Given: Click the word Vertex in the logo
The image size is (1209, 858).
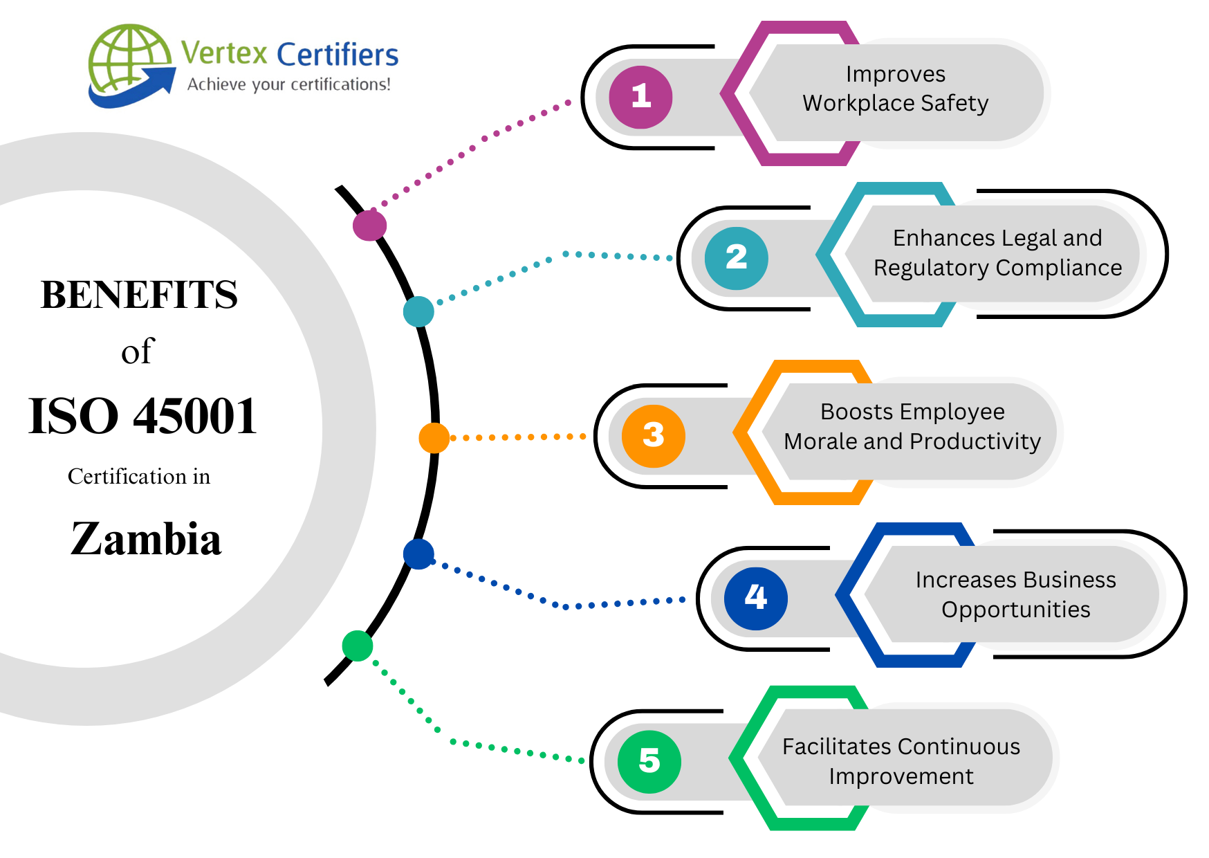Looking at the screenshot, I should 224,53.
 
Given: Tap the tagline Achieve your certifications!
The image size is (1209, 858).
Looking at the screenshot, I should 289,84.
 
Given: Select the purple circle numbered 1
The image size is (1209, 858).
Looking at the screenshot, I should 640,97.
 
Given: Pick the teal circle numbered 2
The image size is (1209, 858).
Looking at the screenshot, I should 736,258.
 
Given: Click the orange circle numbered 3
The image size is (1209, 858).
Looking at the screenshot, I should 653,436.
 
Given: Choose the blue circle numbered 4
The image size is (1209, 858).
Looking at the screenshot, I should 755,598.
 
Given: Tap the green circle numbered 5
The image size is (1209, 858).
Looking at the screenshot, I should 649,761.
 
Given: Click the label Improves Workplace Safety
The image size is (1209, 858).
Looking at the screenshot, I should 895,89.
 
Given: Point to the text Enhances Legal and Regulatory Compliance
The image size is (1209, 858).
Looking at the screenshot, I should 997,253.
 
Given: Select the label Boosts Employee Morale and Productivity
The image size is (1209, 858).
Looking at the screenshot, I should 912,426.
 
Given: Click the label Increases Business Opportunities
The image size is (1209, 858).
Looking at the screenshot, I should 1015,594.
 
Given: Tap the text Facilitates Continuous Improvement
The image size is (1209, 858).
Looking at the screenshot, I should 901,761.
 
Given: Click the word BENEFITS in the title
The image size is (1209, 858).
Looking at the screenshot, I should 139,295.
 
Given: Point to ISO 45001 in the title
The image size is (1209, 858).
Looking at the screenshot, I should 142,417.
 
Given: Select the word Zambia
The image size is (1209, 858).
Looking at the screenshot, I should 146,539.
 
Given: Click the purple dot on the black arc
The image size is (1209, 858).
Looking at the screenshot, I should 369,226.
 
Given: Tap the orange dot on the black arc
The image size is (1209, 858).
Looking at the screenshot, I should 434,438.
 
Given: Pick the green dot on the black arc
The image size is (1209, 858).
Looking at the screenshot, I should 358,646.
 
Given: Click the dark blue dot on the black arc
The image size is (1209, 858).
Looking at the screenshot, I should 418,554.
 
